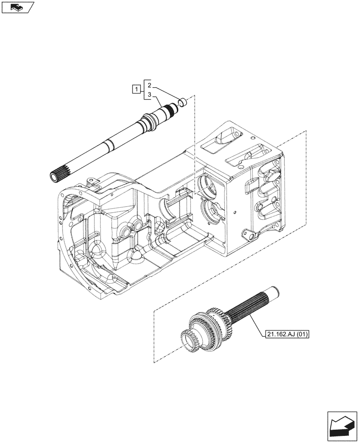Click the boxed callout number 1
[x=136, y=90]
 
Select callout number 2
[x=150, y=85]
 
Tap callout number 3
[x=150, y=95]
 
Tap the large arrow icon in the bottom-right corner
[x=342, y=426]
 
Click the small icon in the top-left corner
[x=17, y=7]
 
